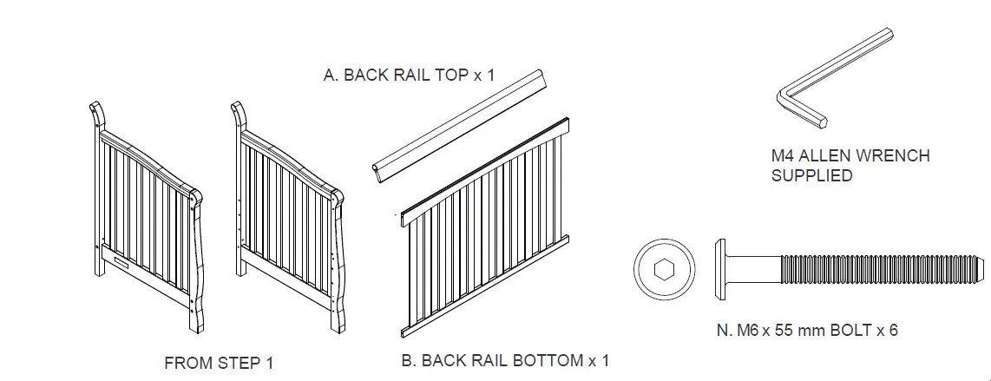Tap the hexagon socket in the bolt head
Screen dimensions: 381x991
point(664,270)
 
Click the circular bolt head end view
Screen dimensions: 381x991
point(664,270)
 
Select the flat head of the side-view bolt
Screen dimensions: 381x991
point(719,269)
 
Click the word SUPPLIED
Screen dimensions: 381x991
point(811,176)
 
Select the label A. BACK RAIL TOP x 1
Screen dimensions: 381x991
point(409,75)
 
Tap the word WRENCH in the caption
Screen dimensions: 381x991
point(895,156)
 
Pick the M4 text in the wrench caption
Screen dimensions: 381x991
point(784,156)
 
